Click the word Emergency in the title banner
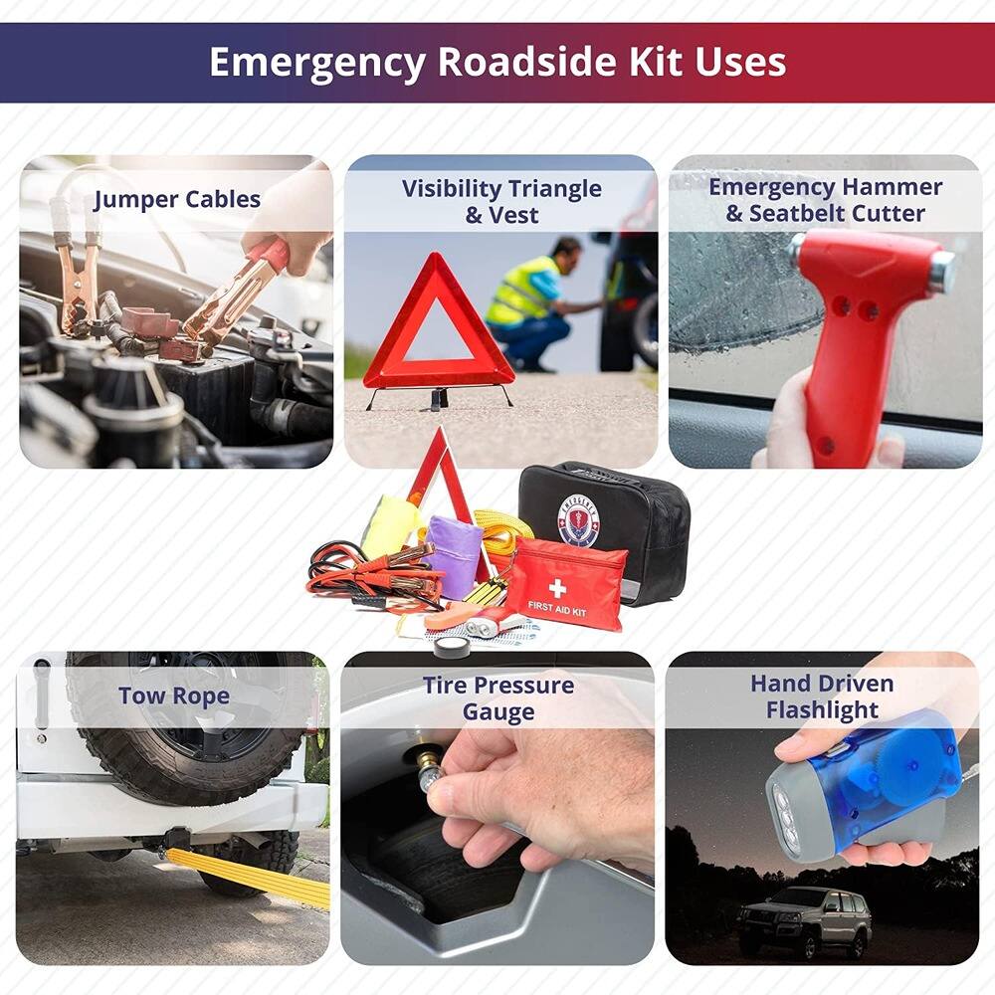click(316, 62)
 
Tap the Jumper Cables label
click(177, 199)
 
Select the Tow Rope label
click(174, 696)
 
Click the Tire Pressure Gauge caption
click(497, 698)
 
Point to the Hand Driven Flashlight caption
click(822, 696)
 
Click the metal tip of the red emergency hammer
click(939, 271)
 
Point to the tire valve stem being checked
click(426, 772)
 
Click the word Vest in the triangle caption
click(514, 215)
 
